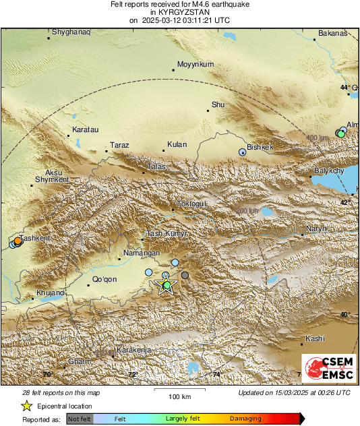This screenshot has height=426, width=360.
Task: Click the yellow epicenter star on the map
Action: [x=165, y=285]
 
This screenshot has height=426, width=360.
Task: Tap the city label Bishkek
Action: [x=260, y=147]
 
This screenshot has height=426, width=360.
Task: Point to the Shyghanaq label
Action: [x=71, y=32]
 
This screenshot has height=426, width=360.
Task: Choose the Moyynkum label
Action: [x=195, y=65]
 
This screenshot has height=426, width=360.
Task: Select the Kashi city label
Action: [x=315, y=338]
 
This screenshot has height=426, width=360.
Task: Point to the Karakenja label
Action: [x=133, y=351]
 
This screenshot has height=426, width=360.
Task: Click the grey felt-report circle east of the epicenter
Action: [x=185, y=275]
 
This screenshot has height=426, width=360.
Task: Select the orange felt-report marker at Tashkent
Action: [x=18, y=241]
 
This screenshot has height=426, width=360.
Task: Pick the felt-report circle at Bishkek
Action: [x=243, y=152]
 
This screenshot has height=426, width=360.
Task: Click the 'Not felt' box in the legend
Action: [x=80, y=419]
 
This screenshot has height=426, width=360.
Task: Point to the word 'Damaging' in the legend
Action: [x=245, y=419]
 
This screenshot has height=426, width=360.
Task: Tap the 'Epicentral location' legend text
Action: [x=65, y=406]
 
